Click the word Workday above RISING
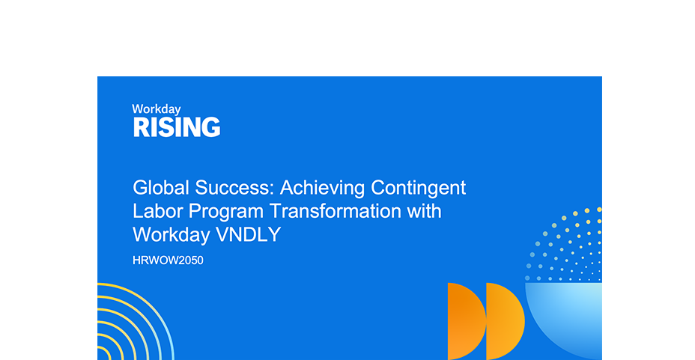[157, 109]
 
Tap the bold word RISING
[177, 127]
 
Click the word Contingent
[419, 187]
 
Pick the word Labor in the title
[154, 211]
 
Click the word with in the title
[424, 211]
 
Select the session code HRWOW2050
[169, 260]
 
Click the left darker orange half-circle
[464, 320]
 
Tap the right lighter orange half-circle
[503, 320]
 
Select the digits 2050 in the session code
[190, 260]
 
